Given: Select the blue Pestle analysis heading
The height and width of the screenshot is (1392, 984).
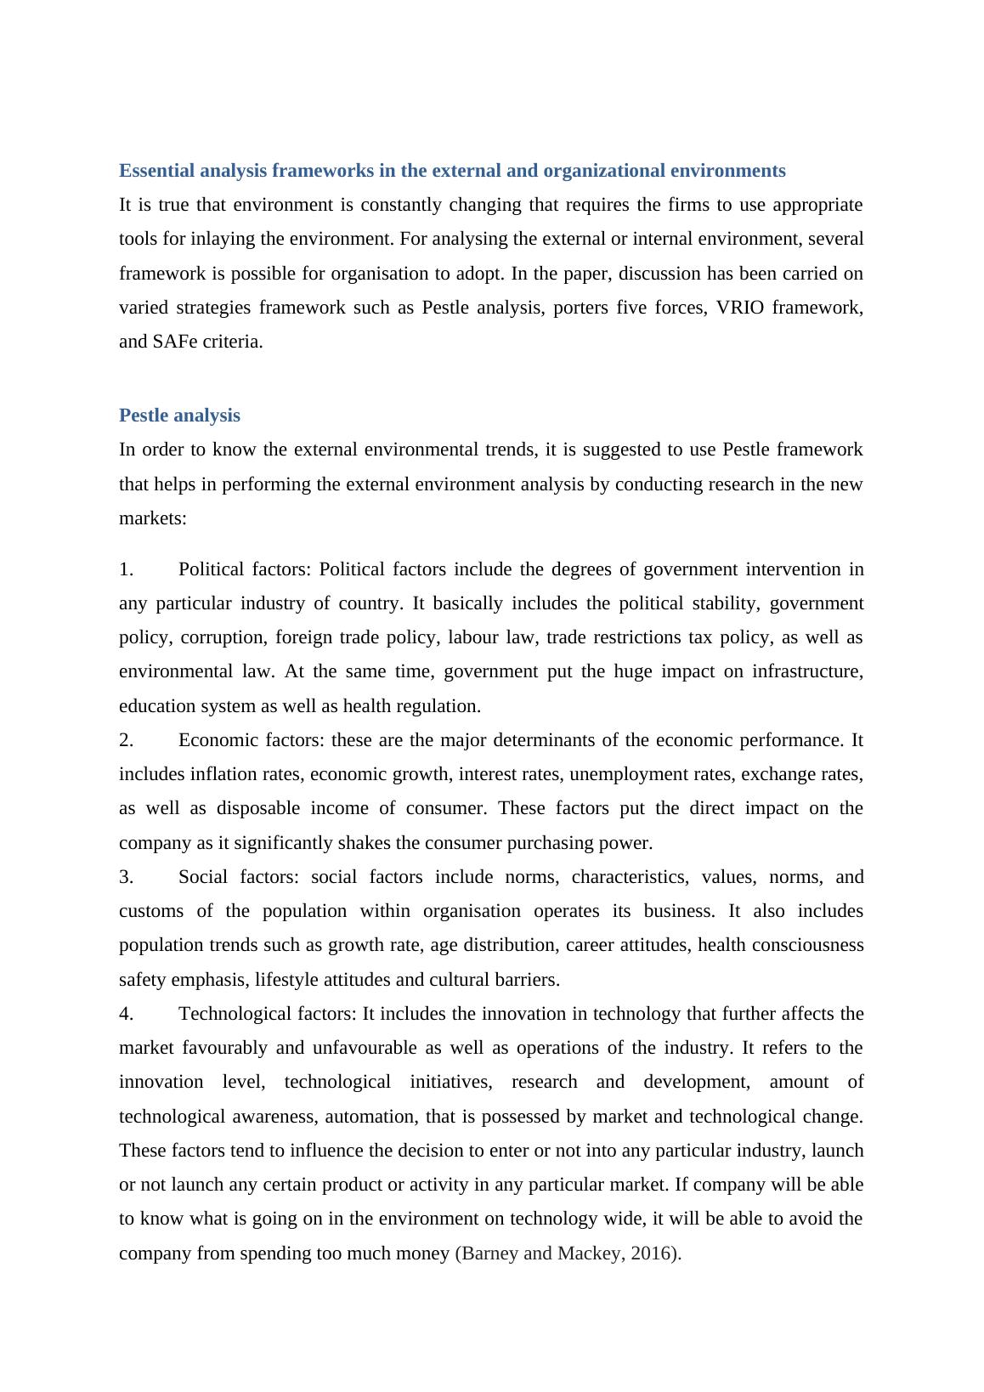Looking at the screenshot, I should [179, 416].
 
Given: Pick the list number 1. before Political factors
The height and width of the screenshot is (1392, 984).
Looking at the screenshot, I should [127, 569].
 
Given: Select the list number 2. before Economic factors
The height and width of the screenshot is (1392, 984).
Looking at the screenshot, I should [127, 740].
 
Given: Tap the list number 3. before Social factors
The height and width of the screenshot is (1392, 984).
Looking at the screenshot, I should [127, 877].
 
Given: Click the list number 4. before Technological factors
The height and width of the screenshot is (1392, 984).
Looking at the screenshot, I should [127, 1014].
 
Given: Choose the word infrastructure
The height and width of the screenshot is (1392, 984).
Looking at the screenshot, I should [808, 671].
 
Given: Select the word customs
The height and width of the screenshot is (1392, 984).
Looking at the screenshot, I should [151, 911].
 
